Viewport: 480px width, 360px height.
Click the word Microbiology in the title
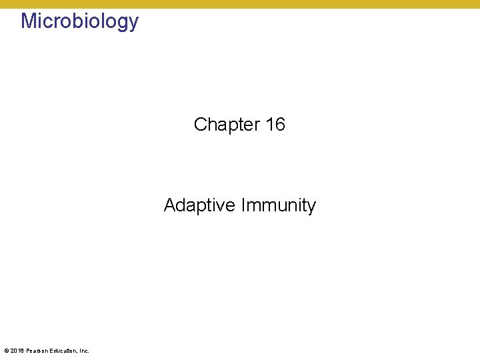click(x=79, y=21)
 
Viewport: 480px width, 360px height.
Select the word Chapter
click(x=227, y=125)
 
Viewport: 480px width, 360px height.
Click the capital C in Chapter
click(x=200, y=125)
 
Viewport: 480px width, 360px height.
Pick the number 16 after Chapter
click(x=275, y=125)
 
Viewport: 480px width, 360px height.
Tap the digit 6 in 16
click(x=280, y=125)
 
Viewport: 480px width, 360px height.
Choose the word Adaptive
click(x=197, y=205)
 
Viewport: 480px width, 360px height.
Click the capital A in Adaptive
click(x=170, y=205)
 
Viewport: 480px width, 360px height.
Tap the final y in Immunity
click(x=311, y=207)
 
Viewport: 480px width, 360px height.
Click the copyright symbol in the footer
click(x=6, y=351)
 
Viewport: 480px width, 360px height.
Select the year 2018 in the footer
click(x=17, y=351)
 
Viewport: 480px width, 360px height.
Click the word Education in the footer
click(x=63, y=351)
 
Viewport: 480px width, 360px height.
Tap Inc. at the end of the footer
click(x=84, y=351)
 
